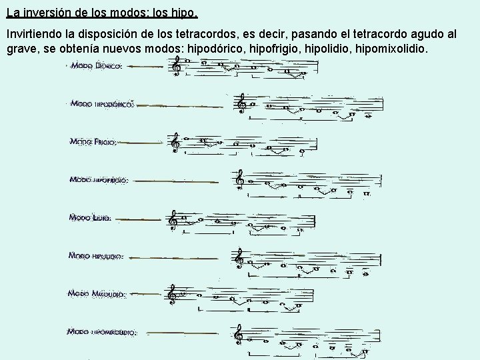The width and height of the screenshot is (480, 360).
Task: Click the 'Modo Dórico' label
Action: coord(96,66)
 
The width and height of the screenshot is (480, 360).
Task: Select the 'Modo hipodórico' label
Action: coord(102,104)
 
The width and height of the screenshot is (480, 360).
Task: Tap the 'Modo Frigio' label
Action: coord(94,142)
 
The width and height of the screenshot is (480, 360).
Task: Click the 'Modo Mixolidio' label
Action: coord(97,293)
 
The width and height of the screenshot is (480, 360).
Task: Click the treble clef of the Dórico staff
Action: coord(177,65)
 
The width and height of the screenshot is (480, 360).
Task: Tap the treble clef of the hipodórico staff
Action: coord(241,103)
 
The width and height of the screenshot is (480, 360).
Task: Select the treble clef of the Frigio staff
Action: coord(175,141)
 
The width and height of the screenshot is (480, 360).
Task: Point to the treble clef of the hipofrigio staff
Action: coord(239,179)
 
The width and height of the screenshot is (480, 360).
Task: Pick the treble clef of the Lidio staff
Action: coord(173,218)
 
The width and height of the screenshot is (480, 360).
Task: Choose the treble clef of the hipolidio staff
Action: coord(238,257)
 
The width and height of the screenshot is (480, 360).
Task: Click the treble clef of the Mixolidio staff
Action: coord(172,294)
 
